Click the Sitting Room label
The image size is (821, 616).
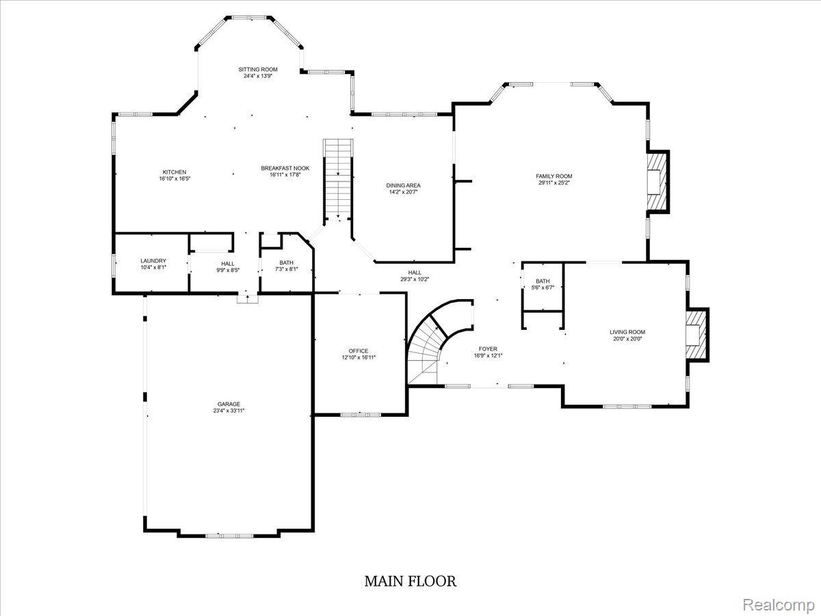click(258, 69)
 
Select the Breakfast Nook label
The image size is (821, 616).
click(285, 168)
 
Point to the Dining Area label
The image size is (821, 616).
click(403, 185)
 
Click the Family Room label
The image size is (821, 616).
click(553, 176)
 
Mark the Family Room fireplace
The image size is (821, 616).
click(656, 181)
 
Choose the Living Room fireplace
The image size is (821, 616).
click(696, 333)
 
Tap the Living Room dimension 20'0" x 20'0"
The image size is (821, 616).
click(627, 339)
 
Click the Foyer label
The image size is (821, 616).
click(488, 349)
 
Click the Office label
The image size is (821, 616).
click(359, 350)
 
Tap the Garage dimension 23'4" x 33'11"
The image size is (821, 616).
click(229, 411)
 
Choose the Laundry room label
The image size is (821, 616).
click(153, 261)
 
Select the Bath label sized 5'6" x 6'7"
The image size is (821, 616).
click(542, 281)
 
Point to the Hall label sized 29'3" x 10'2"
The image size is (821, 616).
click(415, 272)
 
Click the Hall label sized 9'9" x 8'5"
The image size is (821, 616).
click(227, 264)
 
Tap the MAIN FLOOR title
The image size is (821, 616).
click(410, 581)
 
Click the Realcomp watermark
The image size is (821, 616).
click(778, 605)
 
